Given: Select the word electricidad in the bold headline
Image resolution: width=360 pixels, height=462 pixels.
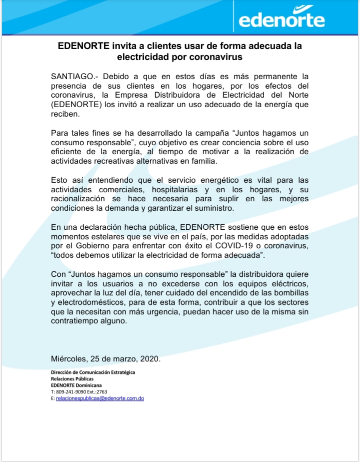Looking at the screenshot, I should click(141, 57).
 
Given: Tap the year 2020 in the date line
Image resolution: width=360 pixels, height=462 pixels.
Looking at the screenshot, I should click(148, 359).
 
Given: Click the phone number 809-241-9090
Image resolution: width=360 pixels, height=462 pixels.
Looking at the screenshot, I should click(71, 392).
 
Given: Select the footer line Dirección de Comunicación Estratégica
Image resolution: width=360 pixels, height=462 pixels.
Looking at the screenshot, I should click(93, 373).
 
